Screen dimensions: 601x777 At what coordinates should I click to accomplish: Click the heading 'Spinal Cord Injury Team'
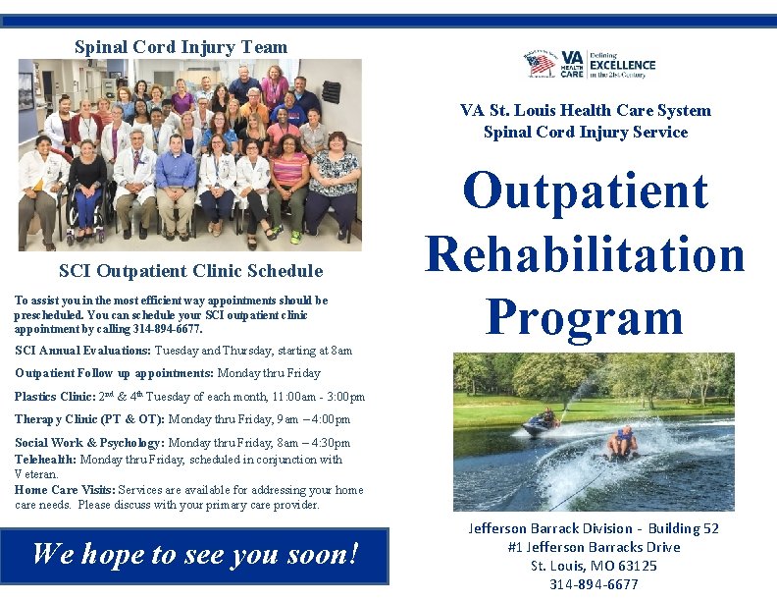point(181,47)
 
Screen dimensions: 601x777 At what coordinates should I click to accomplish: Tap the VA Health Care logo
point(590,66)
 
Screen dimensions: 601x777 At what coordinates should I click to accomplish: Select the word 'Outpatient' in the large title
point(585,191)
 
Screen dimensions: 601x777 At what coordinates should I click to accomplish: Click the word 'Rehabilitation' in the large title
point(585,253)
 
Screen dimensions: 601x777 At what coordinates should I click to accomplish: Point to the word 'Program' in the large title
point(585,316)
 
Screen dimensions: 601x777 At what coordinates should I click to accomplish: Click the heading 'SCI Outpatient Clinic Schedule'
point(190,271)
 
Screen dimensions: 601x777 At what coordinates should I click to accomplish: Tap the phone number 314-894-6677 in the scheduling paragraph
point(168,329)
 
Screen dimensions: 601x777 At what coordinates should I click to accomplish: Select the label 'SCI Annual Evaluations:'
point(83,351)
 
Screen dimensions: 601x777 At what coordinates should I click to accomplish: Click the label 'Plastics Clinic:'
point(54,397)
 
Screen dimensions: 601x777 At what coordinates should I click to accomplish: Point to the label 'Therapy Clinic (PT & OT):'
point(89,420)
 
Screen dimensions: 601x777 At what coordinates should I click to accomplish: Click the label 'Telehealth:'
point(45,460)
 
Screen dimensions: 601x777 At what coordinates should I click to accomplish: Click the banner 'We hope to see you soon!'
point(195,555)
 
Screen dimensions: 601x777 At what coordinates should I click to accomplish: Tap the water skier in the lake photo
point(621,443)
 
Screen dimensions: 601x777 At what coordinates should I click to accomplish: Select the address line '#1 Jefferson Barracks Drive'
point(594,547)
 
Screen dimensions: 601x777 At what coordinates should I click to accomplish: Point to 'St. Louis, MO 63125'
point(594,566)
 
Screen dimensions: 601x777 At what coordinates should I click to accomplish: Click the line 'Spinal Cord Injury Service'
point(586,133)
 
